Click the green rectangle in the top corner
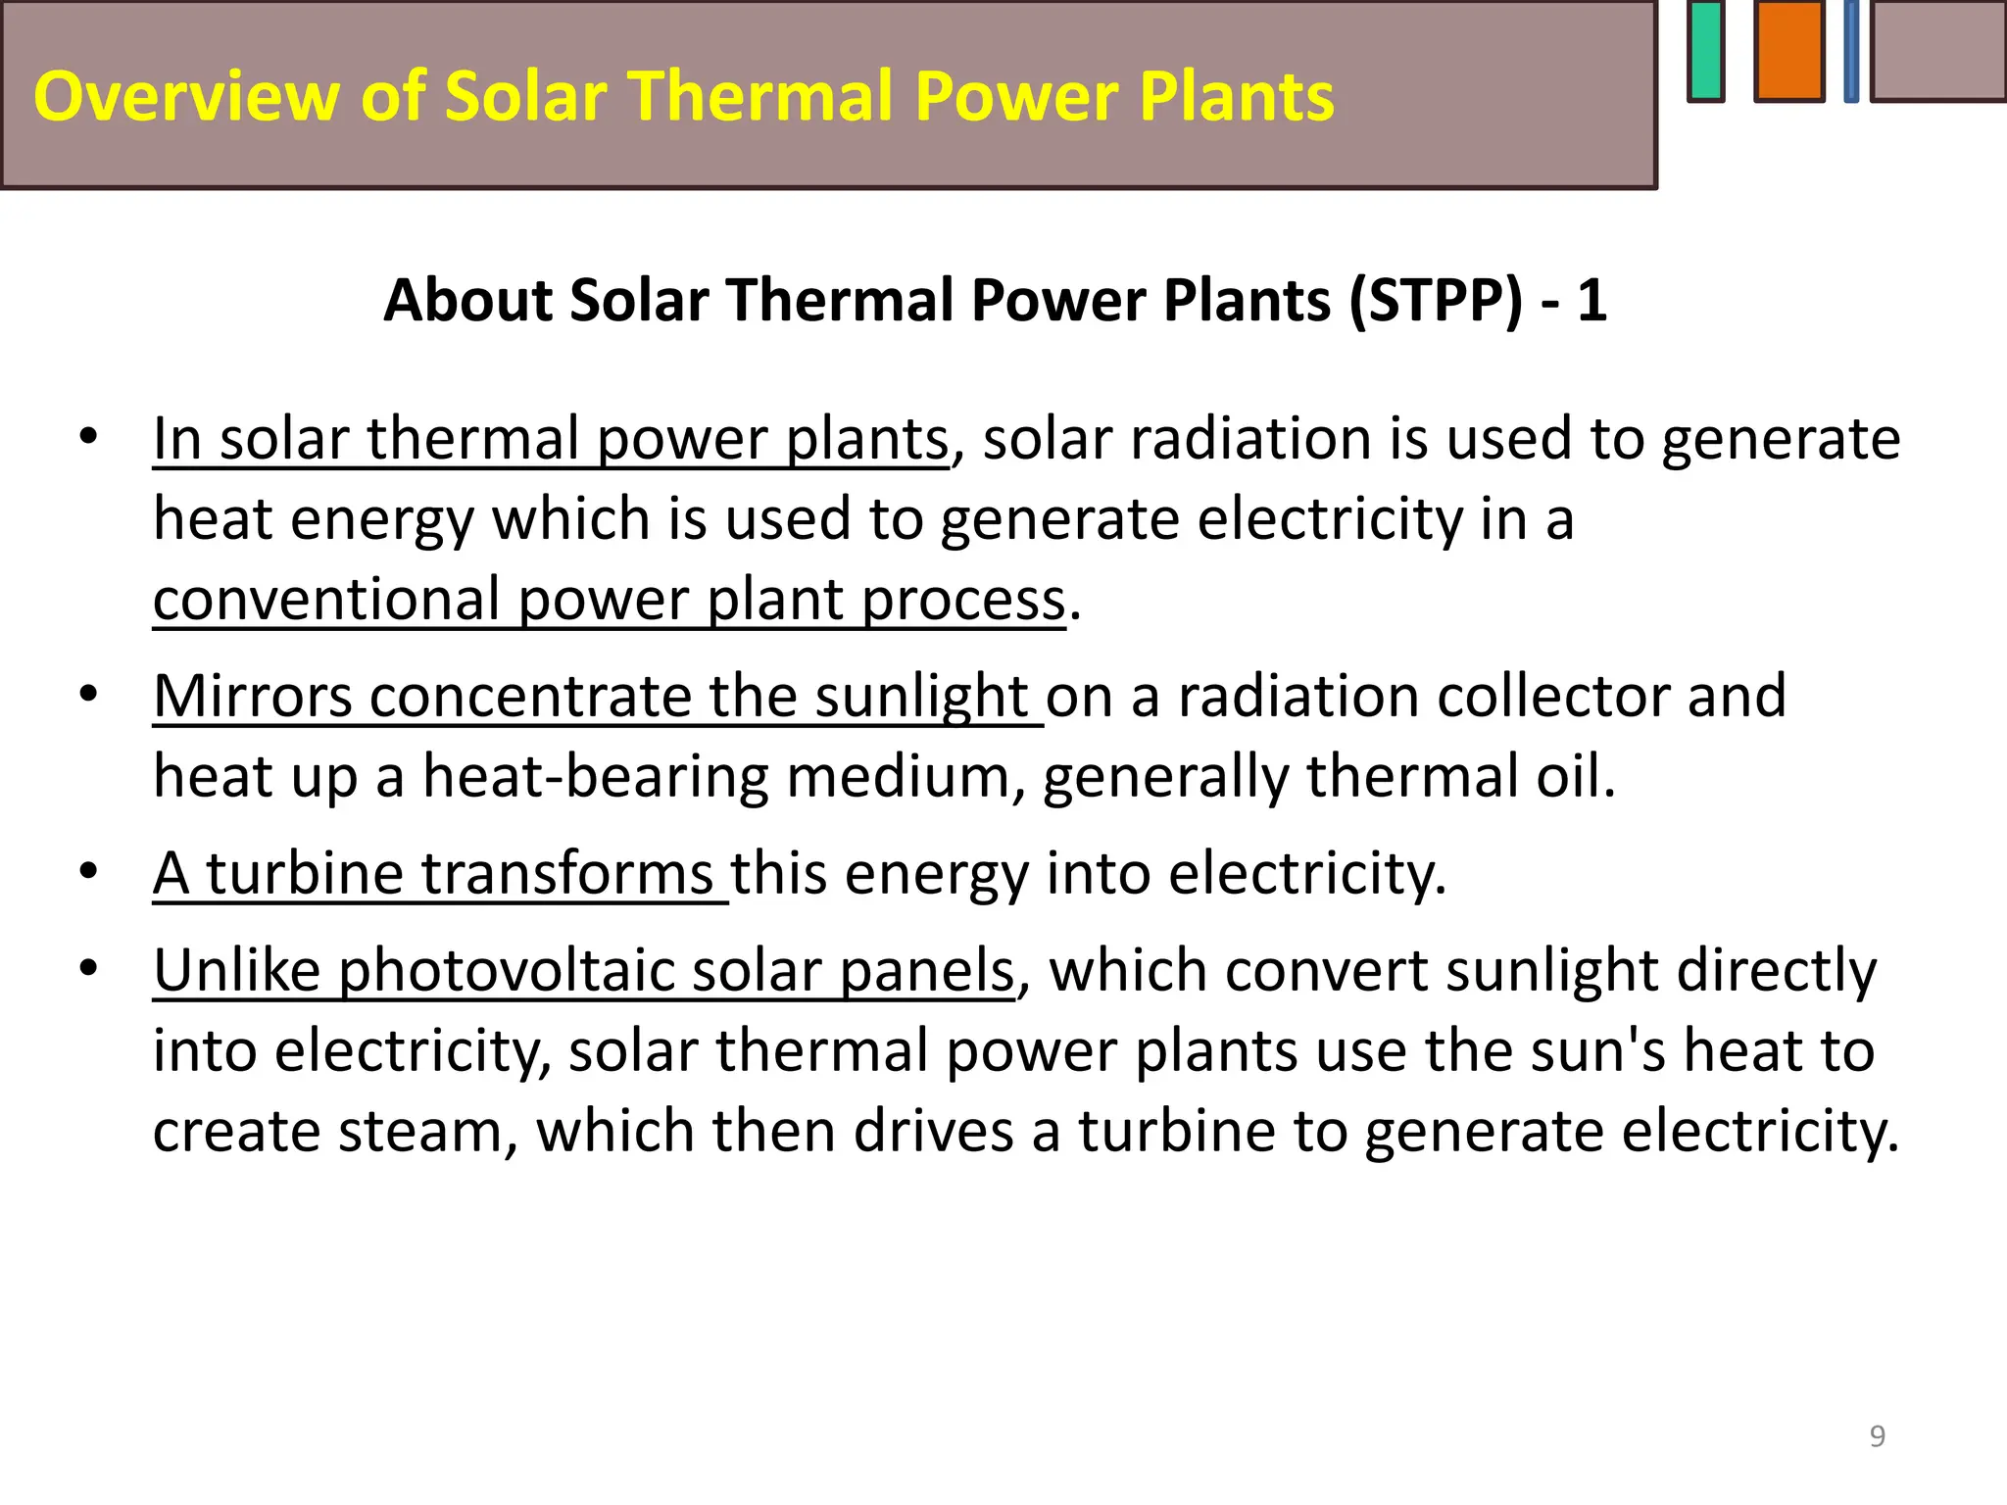tap(1706, 51)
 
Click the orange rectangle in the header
tap(1789, 51)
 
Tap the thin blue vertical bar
tap(1851, 51)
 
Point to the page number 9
tap(1878, 1436)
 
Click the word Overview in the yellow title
tap(187, 97)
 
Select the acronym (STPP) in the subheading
tap(1437, 300)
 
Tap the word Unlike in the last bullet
tap(236, 971)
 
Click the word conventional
tap(327, 600)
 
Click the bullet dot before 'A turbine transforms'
tap(89, 871)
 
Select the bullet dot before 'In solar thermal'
tap(89, 437)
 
